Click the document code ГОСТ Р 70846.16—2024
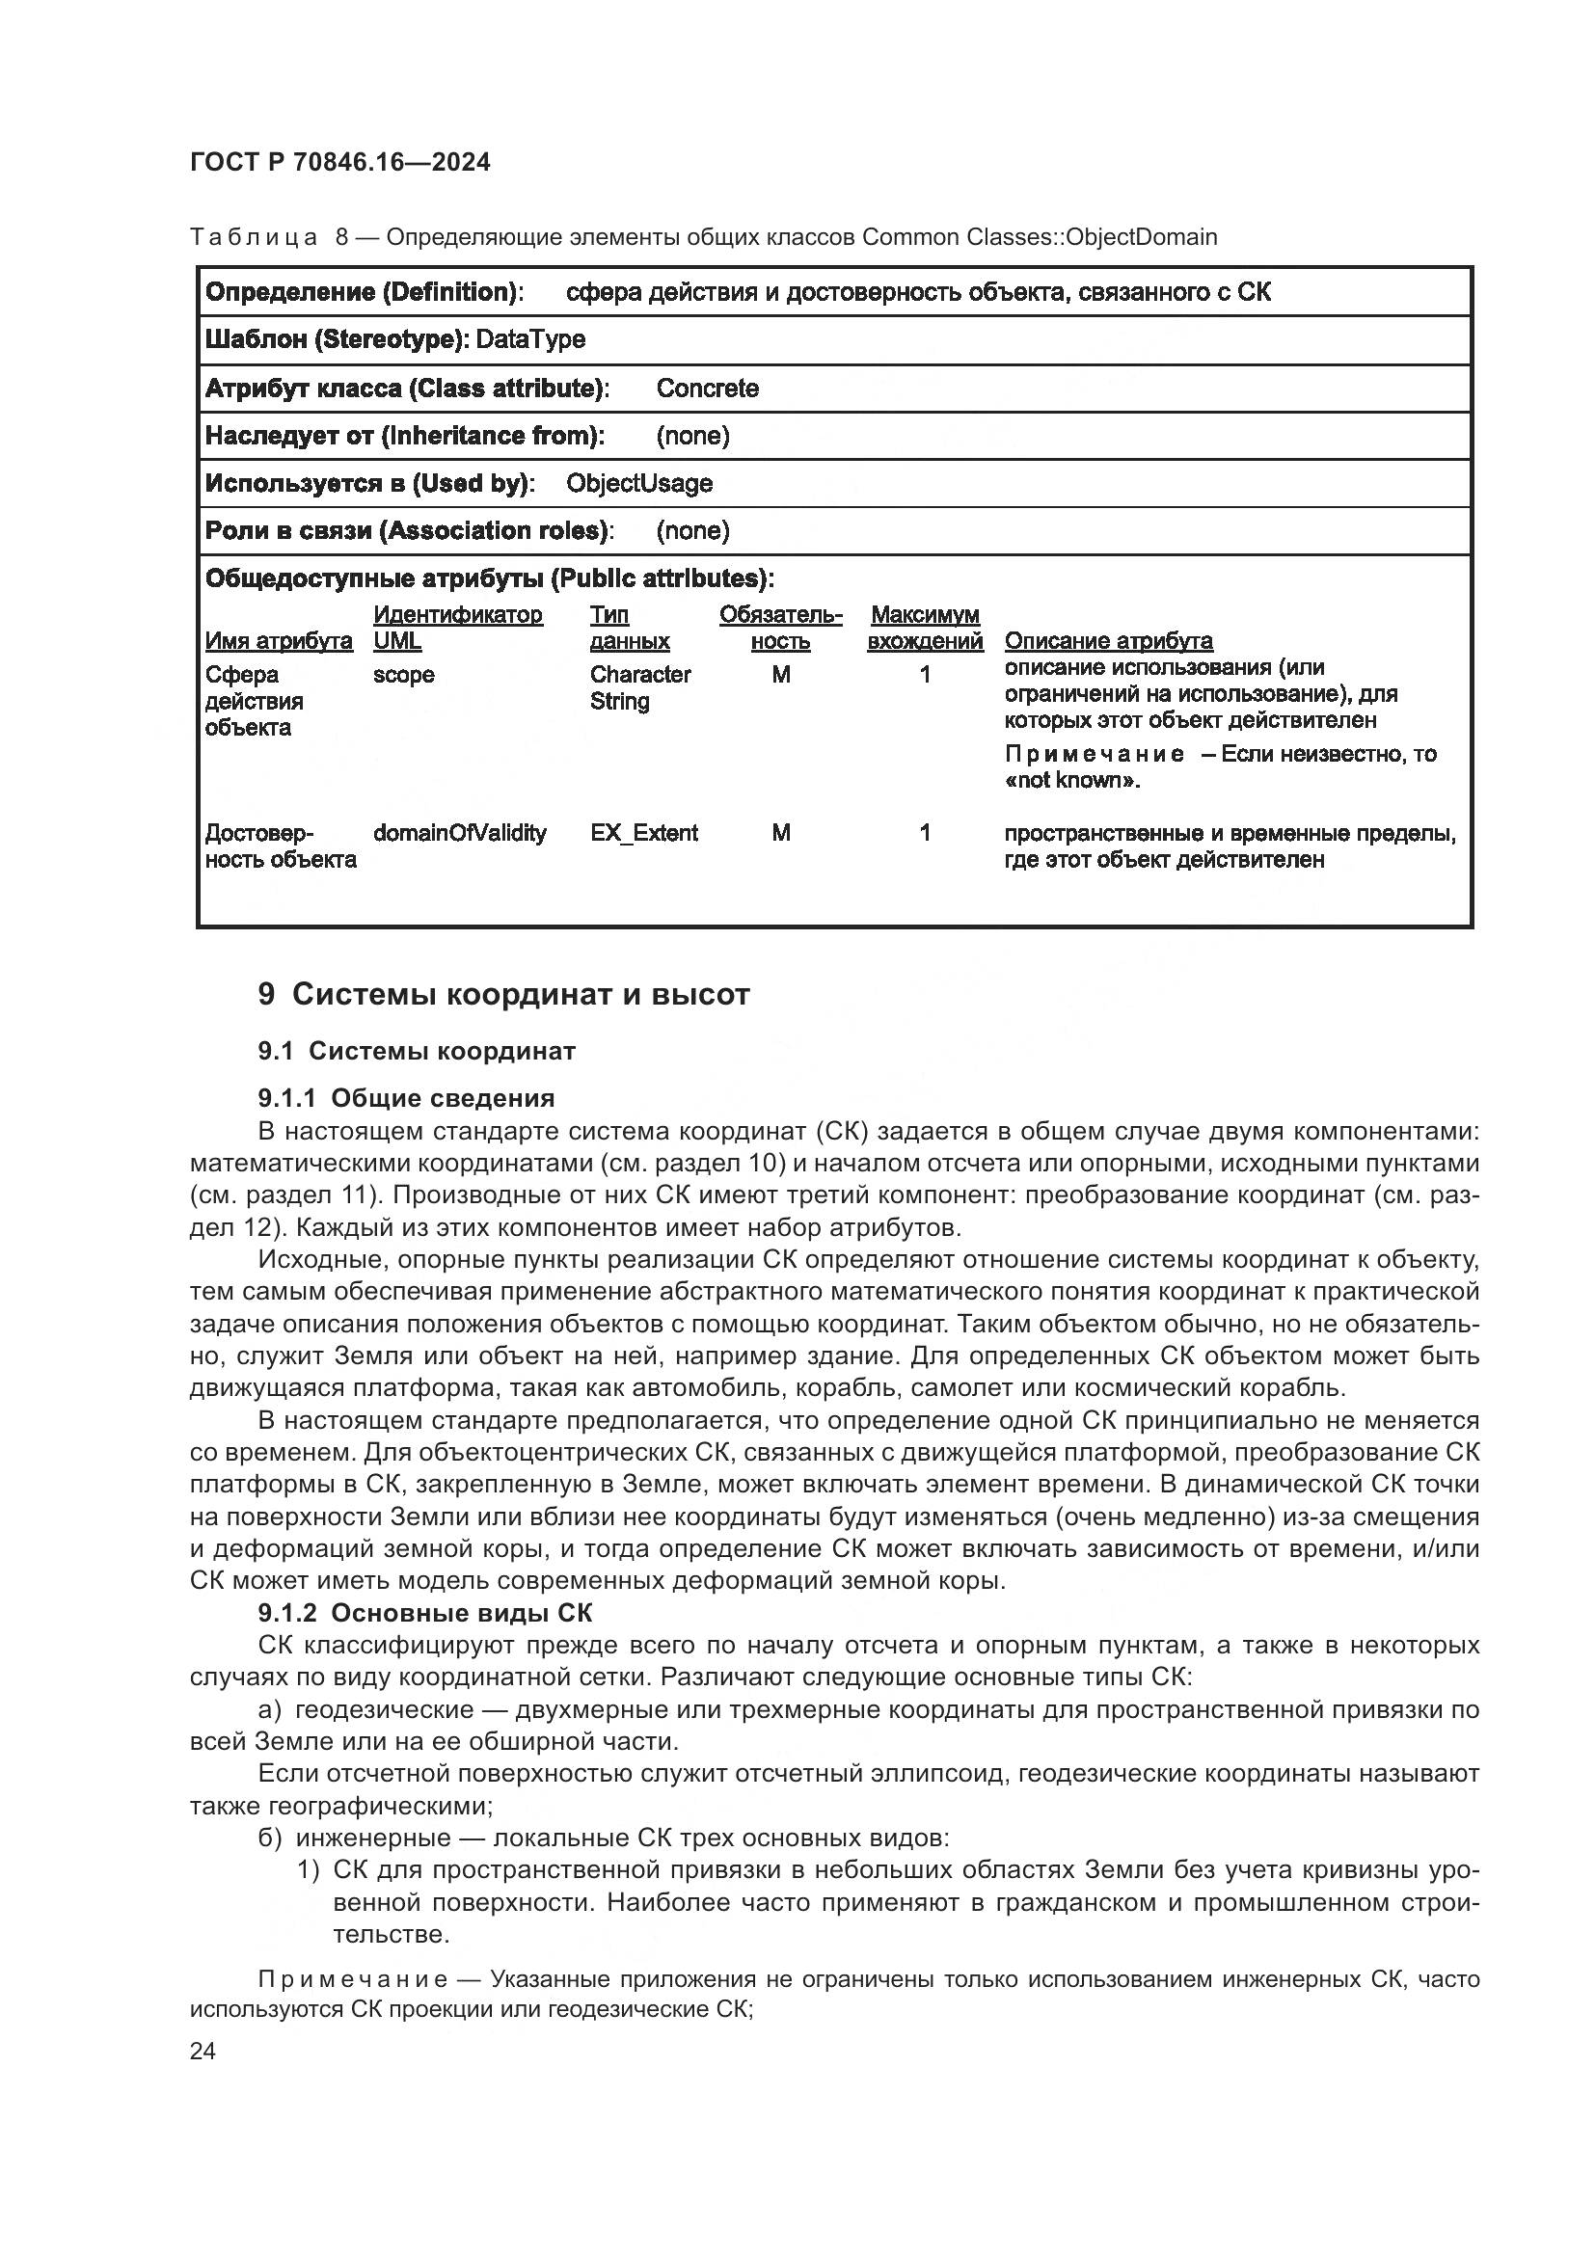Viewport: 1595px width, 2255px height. tap(339, 162)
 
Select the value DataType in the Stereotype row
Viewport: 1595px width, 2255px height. tap(530, 339)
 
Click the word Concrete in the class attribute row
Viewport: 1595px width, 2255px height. tap(707, 388)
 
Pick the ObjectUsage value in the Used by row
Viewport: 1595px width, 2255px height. tap(639, 483)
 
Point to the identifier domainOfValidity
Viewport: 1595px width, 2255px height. tap(460, 833)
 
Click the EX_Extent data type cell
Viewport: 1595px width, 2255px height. tap(643, 833)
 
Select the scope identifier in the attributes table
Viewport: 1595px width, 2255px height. tap(404, 675)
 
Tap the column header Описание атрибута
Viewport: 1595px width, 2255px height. tap(1108, 641)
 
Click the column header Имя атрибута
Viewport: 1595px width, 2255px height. tap(279, 641)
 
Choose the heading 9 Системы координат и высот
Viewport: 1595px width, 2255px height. tap(503, 994)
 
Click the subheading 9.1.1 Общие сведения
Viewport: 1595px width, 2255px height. tap(407, 1098)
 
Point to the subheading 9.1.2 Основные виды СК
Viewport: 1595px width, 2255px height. tap(425, 1613)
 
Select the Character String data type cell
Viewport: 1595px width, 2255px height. tap(640, 687)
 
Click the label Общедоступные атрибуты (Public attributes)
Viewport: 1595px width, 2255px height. tap(488, 578)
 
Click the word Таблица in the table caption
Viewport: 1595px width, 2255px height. tap(254, 237)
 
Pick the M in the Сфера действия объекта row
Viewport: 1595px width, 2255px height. tap(781, 675)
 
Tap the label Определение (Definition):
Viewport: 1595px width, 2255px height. tap(364, 292)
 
